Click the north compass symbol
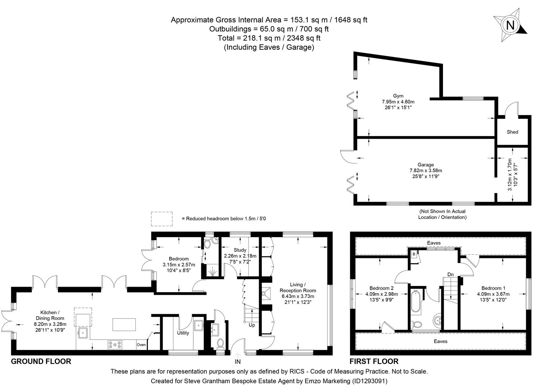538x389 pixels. point(510,25)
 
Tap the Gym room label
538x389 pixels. point(398,96)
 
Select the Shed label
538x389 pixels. point(512,132)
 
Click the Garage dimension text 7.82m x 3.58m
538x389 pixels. point(426,170)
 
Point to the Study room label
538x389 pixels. point(240,250)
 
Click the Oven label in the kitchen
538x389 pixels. point(141,345)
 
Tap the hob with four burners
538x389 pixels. point(115,345)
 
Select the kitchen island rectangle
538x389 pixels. point(124,324)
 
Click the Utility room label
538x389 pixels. point(183,333)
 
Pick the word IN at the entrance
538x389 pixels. point(238,361)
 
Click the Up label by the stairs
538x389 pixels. point(252,325)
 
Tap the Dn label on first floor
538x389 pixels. point(450,274)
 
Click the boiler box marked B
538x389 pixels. point(414,254)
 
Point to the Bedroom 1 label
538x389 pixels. point(493,288)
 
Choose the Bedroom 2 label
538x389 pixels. point(381,288)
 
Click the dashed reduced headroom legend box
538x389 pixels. point(162,219)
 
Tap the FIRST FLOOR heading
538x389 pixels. point(374,361)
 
